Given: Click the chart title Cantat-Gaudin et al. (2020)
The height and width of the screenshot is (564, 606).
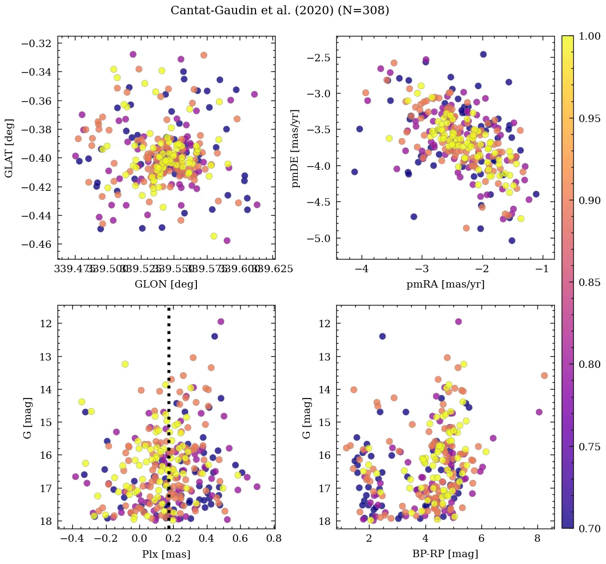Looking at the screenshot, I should (x=280, y=11).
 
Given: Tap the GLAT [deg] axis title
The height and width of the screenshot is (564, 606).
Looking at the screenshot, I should (x=9, y=148).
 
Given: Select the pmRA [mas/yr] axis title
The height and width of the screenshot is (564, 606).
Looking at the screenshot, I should (x=445, y=284).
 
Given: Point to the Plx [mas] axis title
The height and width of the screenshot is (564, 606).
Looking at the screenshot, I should (x=166, y=554).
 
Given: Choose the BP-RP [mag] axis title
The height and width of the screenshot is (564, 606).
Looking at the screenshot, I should (x=445, y=554).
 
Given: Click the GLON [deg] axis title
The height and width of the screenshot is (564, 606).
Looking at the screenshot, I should (x=166, y=284).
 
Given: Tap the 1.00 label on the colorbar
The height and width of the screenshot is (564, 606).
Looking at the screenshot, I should (x=589, y=36).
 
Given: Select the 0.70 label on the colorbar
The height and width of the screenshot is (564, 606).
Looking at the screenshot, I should (x=589, y=528).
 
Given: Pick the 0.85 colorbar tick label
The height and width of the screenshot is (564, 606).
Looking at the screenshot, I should (x=589, y=282).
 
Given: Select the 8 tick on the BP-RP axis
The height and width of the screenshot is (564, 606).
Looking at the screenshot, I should (x=537, y=539).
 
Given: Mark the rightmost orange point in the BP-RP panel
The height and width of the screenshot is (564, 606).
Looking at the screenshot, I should (x=544, y=375).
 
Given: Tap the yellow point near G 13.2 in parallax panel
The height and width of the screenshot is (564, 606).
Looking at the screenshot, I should (x=125, y=364).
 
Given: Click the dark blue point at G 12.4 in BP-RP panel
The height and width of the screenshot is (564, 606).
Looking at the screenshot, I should (x=382, y=336).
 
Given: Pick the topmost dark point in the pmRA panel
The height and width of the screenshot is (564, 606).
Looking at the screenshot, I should (x=483, y=54).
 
